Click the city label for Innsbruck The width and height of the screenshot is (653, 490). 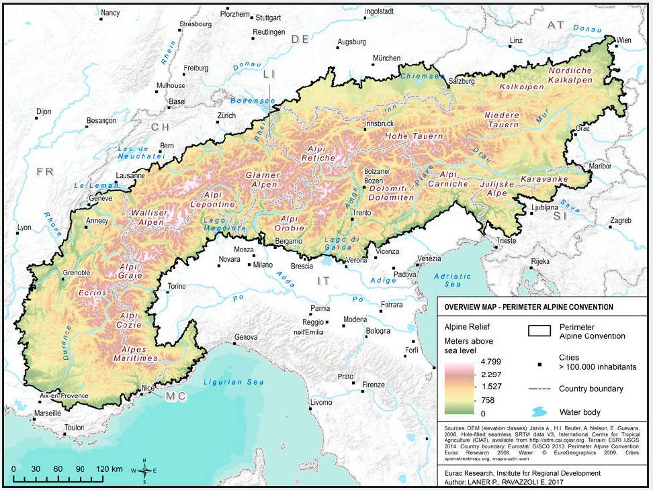coord(378,124)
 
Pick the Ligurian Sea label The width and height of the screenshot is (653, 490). coord(233,382)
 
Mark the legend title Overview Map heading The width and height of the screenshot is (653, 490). coord(527,307)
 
